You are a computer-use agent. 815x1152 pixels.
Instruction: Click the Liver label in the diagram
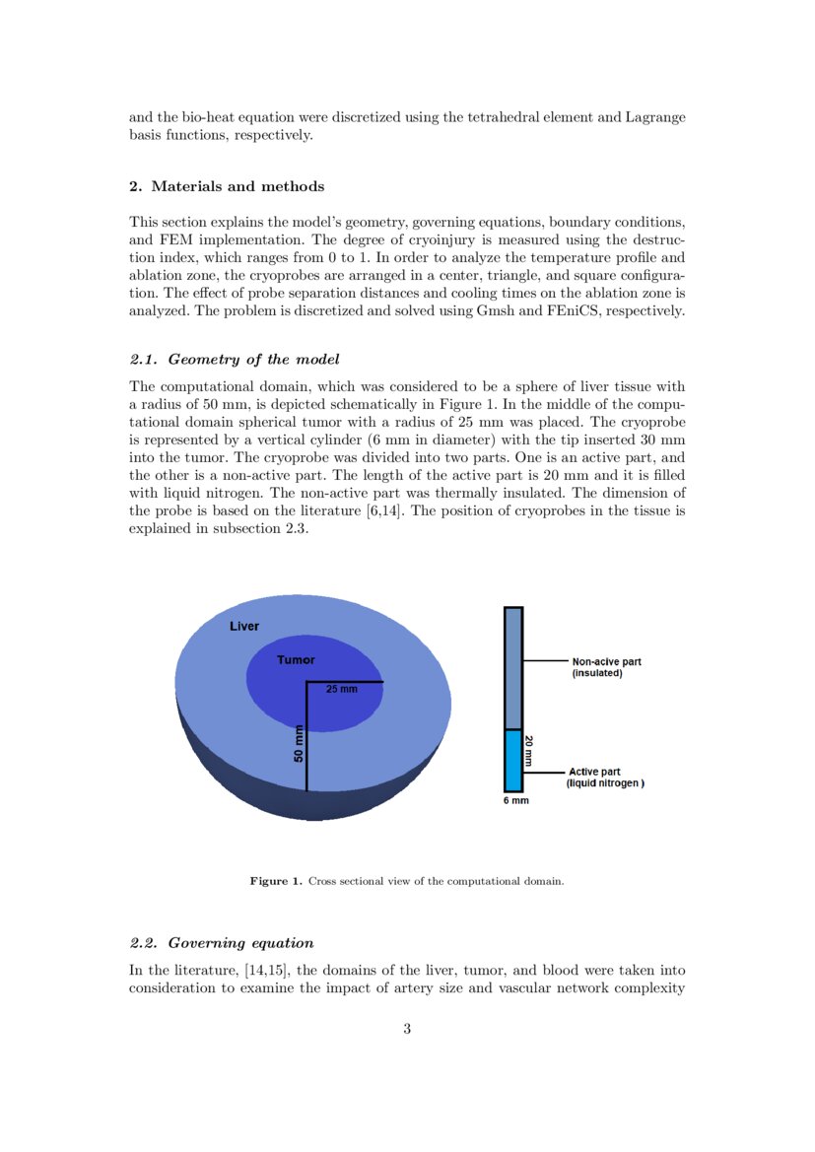coord(244,627)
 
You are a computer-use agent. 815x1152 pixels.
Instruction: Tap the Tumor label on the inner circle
coord(296,660)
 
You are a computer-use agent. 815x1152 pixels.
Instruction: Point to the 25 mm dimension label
coord(341,689)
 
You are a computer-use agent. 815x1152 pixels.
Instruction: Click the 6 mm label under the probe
coord(516,800)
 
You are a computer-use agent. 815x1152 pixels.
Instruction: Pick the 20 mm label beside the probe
coord(529,751)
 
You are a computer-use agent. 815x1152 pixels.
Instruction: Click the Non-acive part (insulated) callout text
coord(606,668)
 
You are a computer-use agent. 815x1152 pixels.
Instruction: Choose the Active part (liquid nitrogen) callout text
coord(605,778)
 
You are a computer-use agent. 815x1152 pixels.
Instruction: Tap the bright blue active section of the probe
coord(512,760)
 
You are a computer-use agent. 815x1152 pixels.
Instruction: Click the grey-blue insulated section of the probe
coord(512,667)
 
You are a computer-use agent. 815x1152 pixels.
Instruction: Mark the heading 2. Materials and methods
coord(227,186)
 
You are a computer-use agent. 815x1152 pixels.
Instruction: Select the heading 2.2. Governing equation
coord(221,943)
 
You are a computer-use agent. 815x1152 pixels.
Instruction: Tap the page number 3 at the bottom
coord(407,1030)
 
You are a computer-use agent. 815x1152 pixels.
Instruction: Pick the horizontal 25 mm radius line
coord(345,682)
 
